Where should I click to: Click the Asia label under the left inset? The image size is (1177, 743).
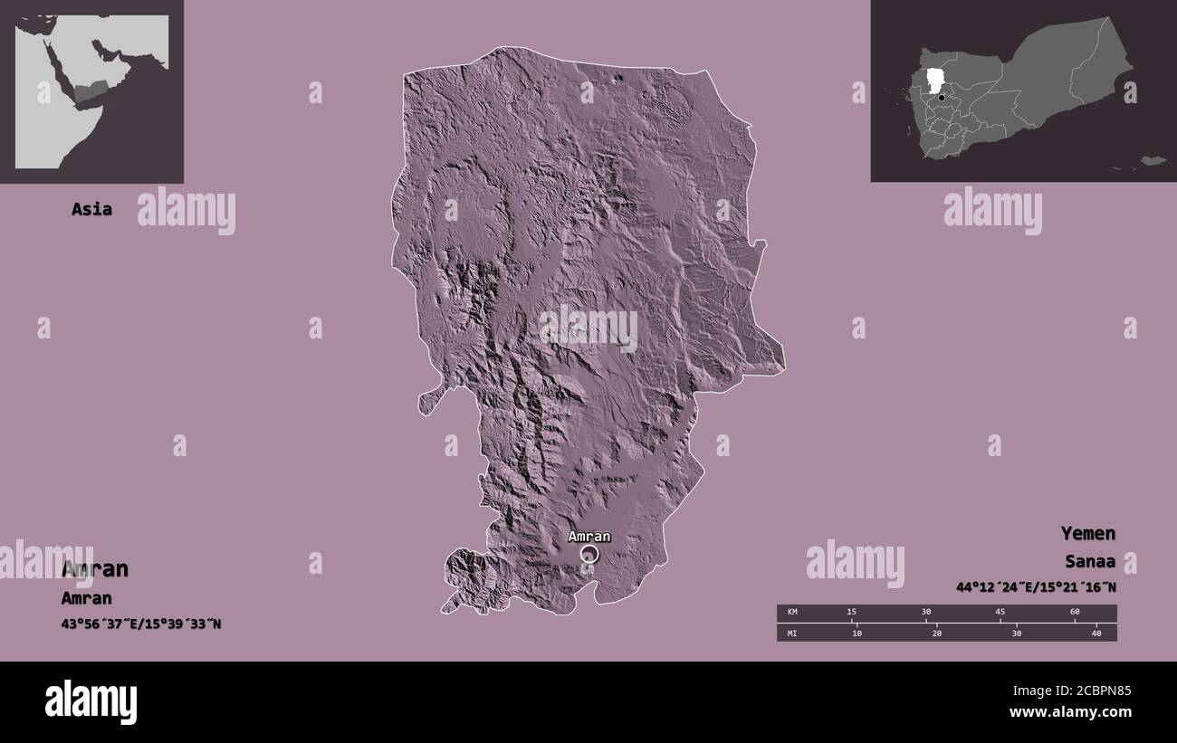pos(91,209)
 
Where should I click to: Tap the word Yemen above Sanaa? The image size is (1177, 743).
pos(1088,533)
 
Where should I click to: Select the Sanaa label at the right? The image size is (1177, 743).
pos(1090,562)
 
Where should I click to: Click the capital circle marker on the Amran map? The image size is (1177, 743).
pos(589,554)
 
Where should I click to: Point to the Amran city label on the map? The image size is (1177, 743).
pos(588,536)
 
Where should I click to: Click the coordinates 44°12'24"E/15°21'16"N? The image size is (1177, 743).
pos(1036,587)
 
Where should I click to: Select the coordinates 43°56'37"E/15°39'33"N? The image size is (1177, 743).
pos(141,624)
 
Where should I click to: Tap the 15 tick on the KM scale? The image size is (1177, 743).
pos(851,613)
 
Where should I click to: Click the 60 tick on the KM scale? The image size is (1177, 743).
pos(1075,613)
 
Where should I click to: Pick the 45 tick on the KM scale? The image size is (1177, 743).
pos(1000,613)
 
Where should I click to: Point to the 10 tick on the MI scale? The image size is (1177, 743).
pos(856,633)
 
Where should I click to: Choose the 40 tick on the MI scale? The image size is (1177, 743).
pos(1096,633)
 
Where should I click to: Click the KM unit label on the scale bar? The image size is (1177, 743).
pos(792,613)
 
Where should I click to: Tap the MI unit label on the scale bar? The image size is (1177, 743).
pos(792,633)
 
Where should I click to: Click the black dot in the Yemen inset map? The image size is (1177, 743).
pos(942,98)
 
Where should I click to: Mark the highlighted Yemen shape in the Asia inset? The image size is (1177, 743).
pos(91,90)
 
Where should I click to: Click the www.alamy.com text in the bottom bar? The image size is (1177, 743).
pos(1070,712)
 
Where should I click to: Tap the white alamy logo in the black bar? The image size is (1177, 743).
pos(91,702)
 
